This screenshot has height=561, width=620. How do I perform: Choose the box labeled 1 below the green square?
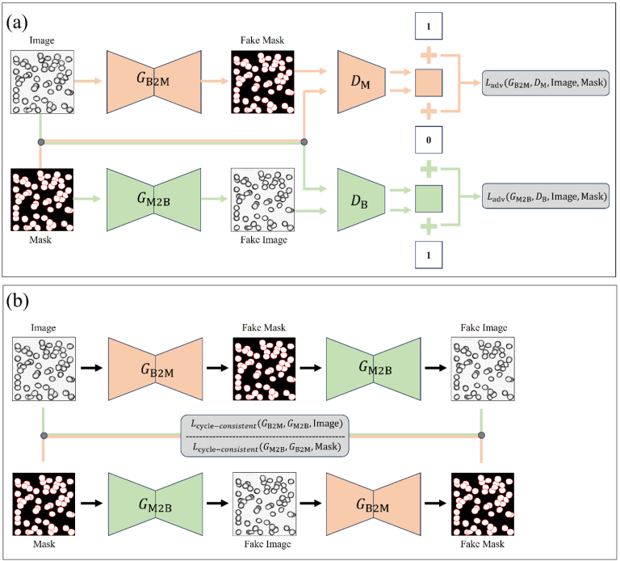point(429,257)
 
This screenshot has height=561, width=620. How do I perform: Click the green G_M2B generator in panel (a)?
point(153,199)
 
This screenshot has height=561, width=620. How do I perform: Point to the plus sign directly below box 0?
point(429,169)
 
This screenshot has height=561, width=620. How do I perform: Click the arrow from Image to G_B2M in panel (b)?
point(90,368)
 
